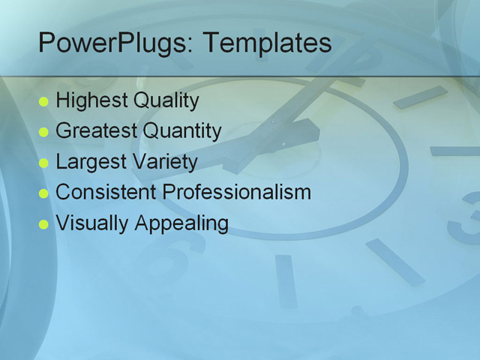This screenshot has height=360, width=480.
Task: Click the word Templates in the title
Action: (267, 43)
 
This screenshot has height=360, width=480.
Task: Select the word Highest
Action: (91, 100)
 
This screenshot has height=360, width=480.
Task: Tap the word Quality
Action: (166, 100)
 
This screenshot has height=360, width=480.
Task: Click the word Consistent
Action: (106, 192)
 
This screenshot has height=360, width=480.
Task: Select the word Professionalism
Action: (236, 192)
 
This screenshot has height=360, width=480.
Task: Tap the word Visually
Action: (92, 223)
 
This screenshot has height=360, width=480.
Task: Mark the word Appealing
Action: (181, 223)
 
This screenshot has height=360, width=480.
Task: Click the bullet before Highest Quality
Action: (43, 101)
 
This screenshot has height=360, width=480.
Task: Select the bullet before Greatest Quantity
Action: (43, 132)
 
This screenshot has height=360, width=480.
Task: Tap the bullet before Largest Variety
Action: (43, 163)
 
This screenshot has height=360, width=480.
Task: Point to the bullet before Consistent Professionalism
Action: (43, 193)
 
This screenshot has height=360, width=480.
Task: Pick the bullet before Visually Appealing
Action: (43, 223)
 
